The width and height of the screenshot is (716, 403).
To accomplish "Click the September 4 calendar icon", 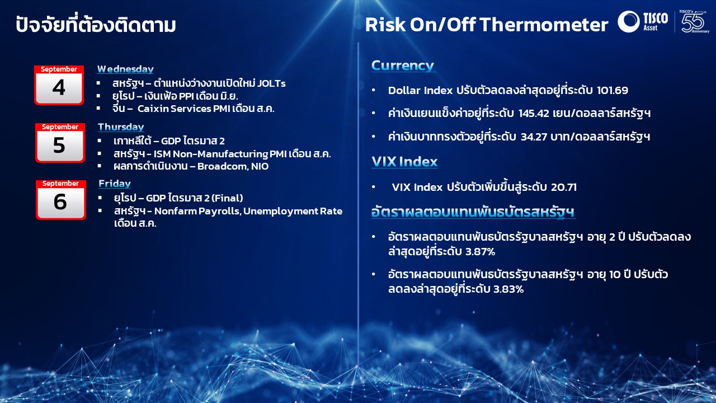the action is pyautogui.click(x=59, y=85).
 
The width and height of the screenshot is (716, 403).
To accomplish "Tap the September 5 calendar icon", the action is pyautogui.click(x=60, y=143).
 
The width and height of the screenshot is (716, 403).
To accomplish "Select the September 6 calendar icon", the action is pyautogui.click(x=61, y=200).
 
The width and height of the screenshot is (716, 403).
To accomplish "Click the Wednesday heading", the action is pyautogui.click(x=125, y=69).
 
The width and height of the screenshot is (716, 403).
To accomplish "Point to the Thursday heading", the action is pyautogui.click(x=121, y=127).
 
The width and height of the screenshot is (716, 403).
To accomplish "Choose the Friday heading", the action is pyautogui.click(x=115, y=184).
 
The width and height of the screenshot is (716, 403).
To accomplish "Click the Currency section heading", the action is pyautogui.click(x=403, y=65).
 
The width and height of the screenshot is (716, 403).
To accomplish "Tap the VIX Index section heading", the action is pyautogui.click(x=404, y=162).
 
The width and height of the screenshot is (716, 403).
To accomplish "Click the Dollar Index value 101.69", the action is pyautogui.click(x=612, y=91).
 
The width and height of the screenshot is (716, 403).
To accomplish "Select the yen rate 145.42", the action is pyautogui.click(x=534, y=113).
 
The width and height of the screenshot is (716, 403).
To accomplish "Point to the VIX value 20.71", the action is pyautogui.click(x=564, y=187).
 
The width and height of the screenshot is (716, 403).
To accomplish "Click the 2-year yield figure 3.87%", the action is pyautogui.click(x=480, y=252).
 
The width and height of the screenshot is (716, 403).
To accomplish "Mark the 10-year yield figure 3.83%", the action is pyautogui.click(x=508, y=289).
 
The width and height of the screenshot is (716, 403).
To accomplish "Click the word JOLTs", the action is pyautogui.click(x=271, y=83).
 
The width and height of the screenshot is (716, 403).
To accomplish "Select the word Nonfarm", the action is pyautogui.click(x=176, y=211).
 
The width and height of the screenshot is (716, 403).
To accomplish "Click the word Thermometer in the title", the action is pyautogui.click(x=544, y=25).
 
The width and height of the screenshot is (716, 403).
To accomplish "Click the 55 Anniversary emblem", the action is pyautogui.click(x=694, y=21).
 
